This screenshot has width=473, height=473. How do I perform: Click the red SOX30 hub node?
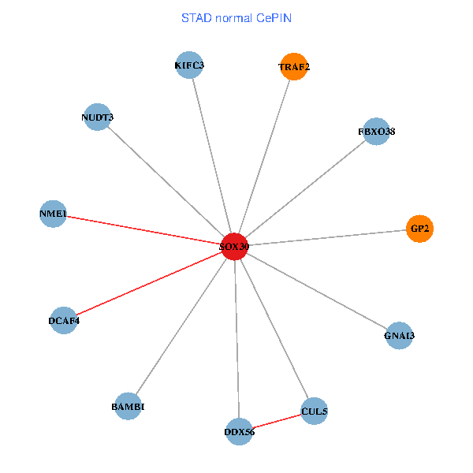click(234, 247)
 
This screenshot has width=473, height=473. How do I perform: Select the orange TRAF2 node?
click(294, 67)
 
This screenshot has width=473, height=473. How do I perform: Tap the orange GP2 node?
click(419, 229)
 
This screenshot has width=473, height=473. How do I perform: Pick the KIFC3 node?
click(189, 65)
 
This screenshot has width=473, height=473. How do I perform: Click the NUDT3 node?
click(97, 117)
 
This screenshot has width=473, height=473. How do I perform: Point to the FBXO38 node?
click(376, 132)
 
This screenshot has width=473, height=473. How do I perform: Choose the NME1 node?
click(53, 214)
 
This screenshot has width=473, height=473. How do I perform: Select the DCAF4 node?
click(64, 321)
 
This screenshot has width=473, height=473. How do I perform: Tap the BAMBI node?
click(128, 407)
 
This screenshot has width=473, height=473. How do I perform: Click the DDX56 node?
click(239, 431)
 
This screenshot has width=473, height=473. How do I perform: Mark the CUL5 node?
click(314, 412)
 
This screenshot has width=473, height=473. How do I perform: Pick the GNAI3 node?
click(399, 336)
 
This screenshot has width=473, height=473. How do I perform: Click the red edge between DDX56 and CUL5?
click(277, 422)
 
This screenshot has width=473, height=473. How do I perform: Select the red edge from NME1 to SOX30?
click(142, 230)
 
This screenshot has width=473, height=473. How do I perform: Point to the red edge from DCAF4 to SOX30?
click(150, 284)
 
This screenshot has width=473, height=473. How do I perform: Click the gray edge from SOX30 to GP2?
click(327, 237)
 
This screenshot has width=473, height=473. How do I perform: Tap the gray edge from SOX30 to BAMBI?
click(181, 326)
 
